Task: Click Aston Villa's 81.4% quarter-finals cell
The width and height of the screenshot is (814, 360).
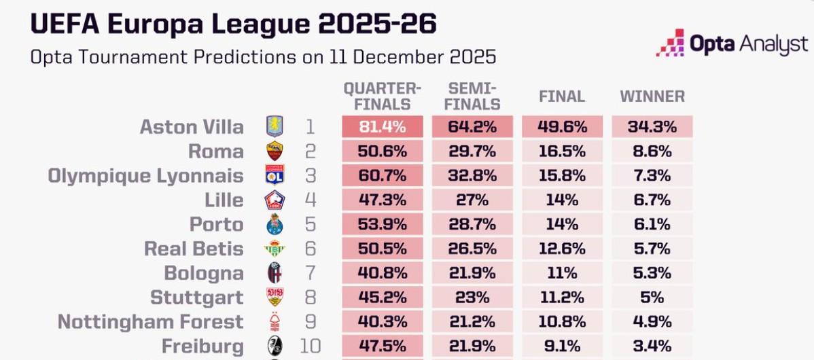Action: click(383, 126)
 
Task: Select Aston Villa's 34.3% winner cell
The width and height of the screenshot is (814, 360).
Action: click(652, 126)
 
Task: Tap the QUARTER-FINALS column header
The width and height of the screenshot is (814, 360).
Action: click(383, 96)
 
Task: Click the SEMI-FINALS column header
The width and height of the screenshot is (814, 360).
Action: click(474, 96)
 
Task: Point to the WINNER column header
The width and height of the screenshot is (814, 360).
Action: click(652, 96)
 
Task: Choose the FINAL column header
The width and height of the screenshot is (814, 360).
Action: click(562, 96)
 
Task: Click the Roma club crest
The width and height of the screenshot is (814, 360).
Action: click(275, 151)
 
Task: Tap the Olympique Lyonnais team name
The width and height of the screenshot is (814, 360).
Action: click(145, 176)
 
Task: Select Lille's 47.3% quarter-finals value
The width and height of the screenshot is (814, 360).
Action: click(383, 200)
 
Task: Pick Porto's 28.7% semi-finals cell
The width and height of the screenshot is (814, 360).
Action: click(474, 225)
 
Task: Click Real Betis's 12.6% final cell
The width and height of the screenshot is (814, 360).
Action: click(562, 249)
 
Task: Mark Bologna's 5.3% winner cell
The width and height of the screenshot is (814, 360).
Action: click(652, 273)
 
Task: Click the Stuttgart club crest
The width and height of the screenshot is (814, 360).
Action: click(275, 298)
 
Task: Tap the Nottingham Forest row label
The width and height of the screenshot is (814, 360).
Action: click(150, 322)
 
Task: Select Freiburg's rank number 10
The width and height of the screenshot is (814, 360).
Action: click(311, 346)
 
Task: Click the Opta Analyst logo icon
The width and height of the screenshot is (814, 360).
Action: click(670, 43)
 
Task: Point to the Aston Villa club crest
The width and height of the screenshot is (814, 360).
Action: click(275, 126)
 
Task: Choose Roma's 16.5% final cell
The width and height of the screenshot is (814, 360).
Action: click(562, 151)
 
